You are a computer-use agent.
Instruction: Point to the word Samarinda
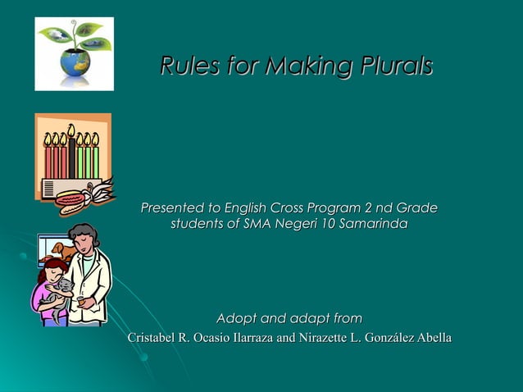tap(371, 224)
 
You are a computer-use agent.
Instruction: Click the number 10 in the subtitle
tap(323, 224)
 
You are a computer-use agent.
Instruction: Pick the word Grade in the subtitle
tap(416, 208)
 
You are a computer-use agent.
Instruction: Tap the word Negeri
tap(286, 224)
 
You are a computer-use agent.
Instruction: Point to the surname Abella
tap(431, 338)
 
